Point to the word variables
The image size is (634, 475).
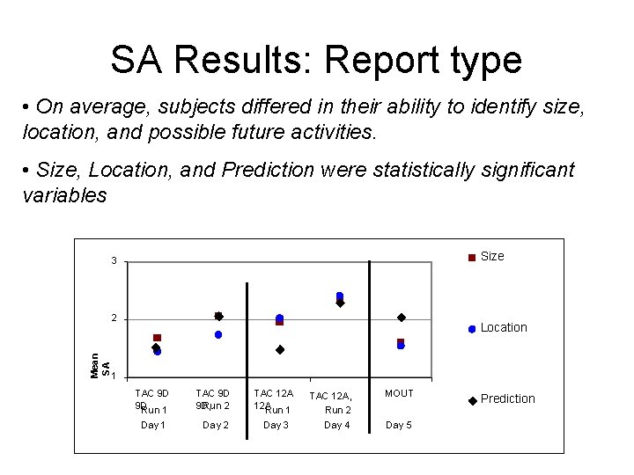point(64,195)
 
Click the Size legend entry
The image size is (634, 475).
point(492,256)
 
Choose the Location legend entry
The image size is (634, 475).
point(504,327)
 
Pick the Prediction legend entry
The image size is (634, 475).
point(507,398)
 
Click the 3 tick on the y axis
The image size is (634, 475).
point(114,261)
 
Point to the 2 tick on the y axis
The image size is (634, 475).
point(114,318)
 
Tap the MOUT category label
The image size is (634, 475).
point(399,393)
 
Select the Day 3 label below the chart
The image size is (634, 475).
point(276,425)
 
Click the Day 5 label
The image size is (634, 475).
point(399,425)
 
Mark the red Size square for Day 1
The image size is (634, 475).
point(157,338)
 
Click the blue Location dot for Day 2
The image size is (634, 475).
point(218,335)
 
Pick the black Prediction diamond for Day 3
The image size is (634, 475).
point(280,349)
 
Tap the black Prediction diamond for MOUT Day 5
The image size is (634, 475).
point(402,318)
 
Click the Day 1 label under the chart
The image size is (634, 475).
point(153,425)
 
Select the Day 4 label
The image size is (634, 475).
point(337,425)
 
